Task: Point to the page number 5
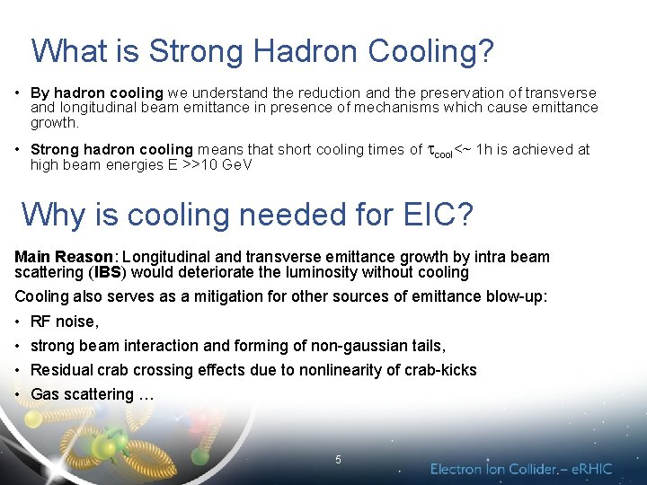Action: [x=338, y=460]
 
